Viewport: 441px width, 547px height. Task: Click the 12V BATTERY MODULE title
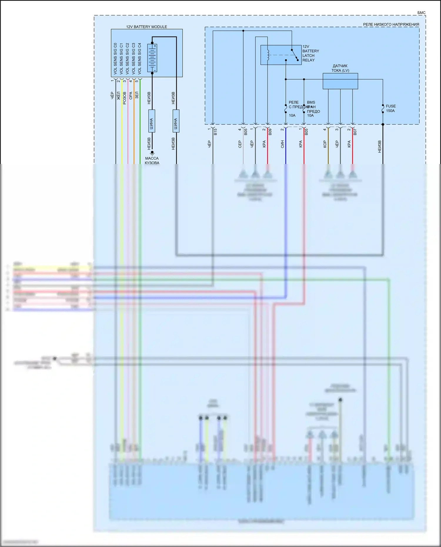(146, 27)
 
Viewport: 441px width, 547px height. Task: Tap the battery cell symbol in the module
(152, 58)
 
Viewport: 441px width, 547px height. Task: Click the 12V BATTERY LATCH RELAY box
(281, 55)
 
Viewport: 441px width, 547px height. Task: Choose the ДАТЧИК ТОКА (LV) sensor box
(340, 81)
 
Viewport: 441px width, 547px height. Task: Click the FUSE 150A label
(391, 108)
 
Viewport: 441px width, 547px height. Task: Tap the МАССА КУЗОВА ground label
(152, 160)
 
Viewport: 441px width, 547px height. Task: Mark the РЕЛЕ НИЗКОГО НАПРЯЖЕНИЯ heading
(391, 25)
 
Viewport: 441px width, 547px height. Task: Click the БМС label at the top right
(421, 13)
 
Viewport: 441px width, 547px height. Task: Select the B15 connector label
(216, 131)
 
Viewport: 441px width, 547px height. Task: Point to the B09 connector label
(270, 132)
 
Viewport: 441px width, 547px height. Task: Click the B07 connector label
(355, 132)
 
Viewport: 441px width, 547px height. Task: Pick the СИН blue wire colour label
(282, 144)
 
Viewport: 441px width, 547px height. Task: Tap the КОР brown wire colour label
(325, 144)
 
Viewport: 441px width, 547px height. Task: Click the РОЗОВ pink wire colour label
(124, 98)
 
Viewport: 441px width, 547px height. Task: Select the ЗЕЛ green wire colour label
(137, 95)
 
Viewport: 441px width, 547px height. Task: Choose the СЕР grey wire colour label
(240, 144)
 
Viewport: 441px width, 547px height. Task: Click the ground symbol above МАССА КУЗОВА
(152, 153)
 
